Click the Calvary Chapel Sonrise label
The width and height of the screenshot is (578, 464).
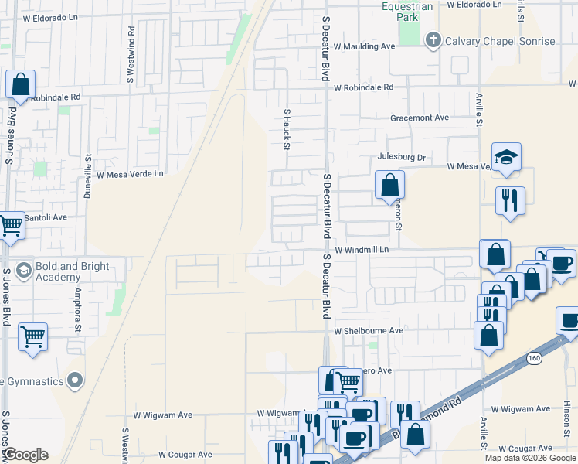(500, 40)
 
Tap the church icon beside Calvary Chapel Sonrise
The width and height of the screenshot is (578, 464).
(433, 40)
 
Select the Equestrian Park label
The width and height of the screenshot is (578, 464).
(410, 12)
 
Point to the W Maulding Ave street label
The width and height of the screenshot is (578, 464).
(364, 46)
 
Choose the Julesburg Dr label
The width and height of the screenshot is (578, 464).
(401, 157)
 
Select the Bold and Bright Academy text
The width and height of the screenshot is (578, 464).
(68, 271)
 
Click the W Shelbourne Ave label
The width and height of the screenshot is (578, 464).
(369, 330)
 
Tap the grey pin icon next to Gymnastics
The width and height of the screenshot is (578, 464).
(74, 380)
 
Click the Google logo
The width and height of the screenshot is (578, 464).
(26, 455)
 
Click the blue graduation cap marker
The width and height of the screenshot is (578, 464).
(507, 157)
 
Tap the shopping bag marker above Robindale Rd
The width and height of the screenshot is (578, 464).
(20, 84)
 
